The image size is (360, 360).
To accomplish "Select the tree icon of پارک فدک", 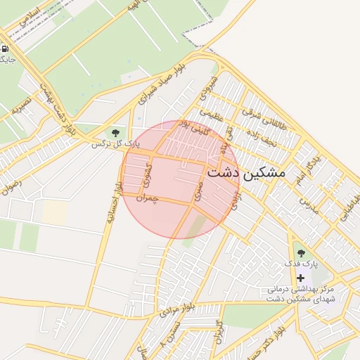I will coord(301,252).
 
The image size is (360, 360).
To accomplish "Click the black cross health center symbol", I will coord(301,278).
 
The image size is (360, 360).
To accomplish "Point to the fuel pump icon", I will coord(6,49).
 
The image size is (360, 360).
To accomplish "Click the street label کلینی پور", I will coord(192,129).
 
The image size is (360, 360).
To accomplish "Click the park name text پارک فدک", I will coord(301,264).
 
